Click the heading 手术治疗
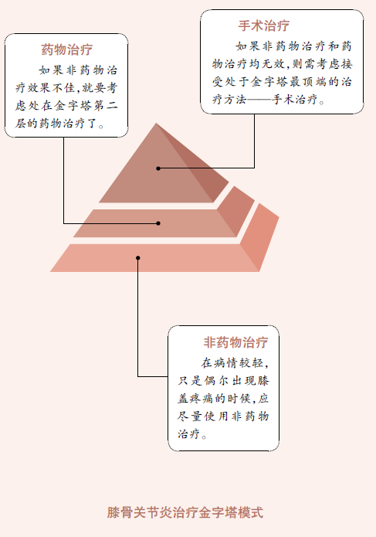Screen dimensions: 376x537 click(x=264, y=25)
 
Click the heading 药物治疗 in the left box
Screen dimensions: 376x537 click(x=67, y=49)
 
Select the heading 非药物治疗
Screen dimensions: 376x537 click(x=235, y=342)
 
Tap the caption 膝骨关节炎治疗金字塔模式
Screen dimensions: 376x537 click(x=185, y=512)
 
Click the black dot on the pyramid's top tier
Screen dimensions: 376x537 click(x=158, y=168)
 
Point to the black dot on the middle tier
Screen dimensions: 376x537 click(x=158, y=223)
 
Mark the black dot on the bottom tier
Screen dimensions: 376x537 click(x=138, y=258)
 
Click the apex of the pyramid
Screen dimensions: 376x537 click(x=157, y=123)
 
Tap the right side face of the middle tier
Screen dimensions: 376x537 click(x=236, y=211)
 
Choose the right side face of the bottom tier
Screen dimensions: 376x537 click(x=260, y=236)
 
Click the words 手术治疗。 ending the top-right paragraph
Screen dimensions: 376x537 click(x=298, y=100)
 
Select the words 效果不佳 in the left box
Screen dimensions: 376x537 click(x=51, y=88)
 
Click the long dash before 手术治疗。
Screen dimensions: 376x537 click(x=259, y=100)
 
